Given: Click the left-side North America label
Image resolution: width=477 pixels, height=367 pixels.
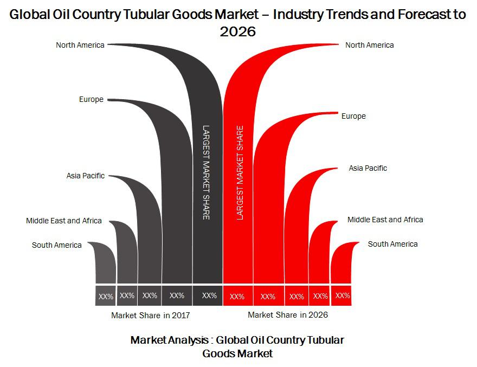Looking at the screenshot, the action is [80, 45].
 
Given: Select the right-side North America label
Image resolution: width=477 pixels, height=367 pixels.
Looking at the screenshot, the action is [369, 45].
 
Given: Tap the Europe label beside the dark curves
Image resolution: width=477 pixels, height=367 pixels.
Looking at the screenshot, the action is [91, 100].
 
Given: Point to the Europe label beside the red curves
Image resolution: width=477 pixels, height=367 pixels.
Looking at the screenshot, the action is [353, 116].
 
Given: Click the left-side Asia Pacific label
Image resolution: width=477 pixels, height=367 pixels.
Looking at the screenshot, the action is [86, 176].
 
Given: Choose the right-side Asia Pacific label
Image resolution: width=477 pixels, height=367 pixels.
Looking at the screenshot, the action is [368, 168].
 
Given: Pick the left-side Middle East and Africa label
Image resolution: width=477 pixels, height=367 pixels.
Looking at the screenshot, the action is [64, 221].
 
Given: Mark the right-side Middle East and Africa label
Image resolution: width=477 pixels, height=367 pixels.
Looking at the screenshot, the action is [385, 220].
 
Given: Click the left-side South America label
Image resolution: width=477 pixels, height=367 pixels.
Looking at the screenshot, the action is [56, 245].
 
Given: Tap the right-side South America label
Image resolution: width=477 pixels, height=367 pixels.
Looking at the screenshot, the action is [393, 244].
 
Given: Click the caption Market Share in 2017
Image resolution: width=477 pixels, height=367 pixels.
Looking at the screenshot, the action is [151, 316].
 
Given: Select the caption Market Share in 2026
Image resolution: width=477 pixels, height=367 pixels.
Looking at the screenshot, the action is [288, 314].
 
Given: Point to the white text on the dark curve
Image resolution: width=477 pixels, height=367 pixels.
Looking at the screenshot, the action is [207, 172].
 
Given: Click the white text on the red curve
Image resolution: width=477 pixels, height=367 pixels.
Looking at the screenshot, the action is [240, 172].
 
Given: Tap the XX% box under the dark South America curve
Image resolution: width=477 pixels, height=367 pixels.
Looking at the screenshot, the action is [106, 295].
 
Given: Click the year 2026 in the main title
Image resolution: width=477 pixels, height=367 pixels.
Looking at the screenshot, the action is [238, 31].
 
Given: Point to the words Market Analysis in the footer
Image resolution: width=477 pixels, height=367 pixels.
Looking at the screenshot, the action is [170, 340].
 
